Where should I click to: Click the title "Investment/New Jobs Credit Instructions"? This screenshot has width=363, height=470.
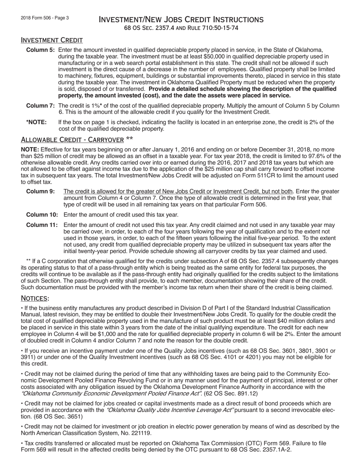[181, 19]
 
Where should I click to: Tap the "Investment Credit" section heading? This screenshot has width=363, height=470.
[52, 40]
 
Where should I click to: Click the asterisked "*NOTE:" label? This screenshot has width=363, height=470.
[36, 122]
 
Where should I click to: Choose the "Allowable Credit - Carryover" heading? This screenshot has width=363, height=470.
[72, 139]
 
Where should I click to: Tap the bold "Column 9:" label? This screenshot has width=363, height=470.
[41, 191]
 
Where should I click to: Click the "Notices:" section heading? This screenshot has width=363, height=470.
[35, 298]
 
